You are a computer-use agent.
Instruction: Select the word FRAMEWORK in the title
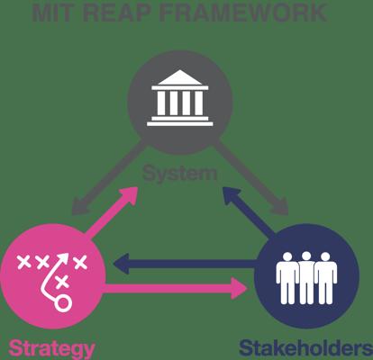(242, 13)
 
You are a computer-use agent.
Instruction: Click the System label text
(179, 175)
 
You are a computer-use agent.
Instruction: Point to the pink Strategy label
(51, 348)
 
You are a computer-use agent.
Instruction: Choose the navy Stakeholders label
(305, 348)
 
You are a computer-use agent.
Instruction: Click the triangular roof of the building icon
(180, 77)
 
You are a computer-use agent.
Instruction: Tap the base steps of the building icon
(180, 121)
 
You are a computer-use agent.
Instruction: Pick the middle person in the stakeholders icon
(306, 277)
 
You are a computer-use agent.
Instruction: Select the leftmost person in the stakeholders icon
(287, 278)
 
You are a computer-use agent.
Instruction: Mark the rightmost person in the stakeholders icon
(325, 278)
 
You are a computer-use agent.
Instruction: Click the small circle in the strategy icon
(63, 303)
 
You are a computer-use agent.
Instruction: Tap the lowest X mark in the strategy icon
(62, 282)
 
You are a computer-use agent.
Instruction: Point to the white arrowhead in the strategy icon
(63, 258)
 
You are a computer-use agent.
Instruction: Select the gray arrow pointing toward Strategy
(109, 177)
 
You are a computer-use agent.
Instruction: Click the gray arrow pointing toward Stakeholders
(251, 177)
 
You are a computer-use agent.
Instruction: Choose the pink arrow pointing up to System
(112, 211)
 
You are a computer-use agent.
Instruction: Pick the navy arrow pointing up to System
(250, 211)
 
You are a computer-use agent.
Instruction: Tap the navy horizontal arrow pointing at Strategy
(185, 264)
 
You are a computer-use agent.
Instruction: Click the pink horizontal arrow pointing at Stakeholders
(176, 288)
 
